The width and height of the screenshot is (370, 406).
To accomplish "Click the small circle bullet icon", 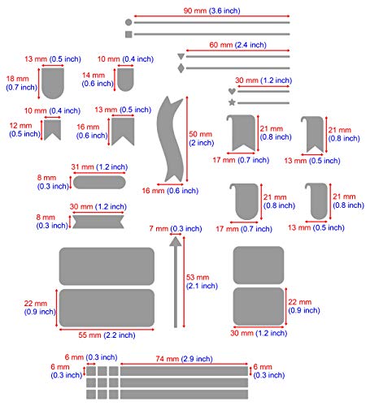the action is pyautogui.click(x=128, y=23).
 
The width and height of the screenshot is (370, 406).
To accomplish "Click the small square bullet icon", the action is pyautogui.click(x=128, y=34).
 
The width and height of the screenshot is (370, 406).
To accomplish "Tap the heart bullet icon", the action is pyautogui.click(x=232, y=92).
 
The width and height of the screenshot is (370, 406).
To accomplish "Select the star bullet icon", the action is pyautogui.click(x=232, y=102).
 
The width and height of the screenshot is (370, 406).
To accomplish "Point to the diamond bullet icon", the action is pyautogui.click(x=181, y=68).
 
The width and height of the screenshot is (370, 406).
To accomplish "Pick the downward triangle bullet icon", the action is pyautogui.click(x=181, y=57).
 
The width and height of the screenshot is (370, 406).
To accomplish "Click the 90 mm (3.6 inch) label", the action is pyautogui.click(x=211, y=11).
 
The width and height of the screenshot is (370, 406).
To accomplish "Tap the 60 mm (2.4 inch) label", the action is pyautogui.click(x=237, y=45).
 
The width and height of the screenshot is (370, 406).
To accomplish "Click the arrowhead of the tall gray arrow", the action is pyautogui.click(x=176, y=242).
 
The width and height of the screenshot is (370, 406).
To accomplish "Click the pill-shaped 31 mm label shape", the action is pyautogui.click(x=99, y=182).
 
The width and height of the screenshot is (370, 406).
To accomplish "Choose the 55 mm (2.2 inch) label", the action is pyautogui.click(x=107, y=335).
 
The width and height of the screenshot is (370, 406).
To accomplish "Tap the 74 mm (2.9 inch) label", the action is pyautogui.click(x=184, y=359).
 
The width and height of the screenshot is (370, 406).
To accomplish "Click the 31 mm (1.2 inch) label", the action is pyautogui.click(x=99, y=167).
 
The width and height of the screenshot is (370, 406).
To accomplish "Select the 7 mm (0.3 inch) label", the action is pyautogui.click(x=176, y=229).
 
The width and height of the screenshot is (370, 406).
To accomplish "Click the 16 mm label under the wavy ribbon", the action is pyautogui.click(x=170, y=191).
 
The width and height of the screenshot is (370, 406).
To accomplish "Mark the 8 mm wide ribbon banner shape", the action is pyautogui.click(x=98, y=222).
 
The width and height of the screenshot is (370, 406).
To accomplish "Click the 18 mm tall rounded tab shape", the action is pyautogui.click(x=53, y=83).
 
